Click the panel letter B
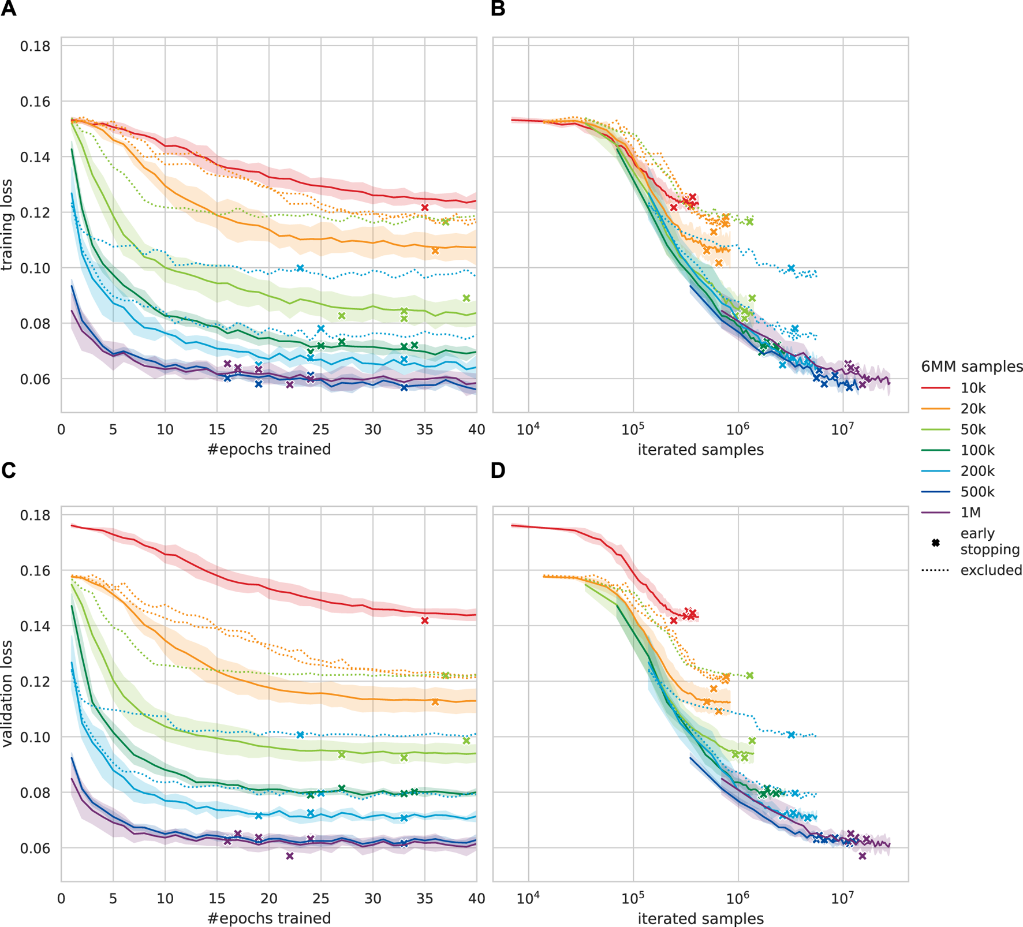click(x=498, y=9)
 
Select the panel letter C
click(x=9, y=471)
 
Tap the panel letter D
click(x=498, y=471)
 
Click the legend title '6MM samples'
click(x=972, y=367)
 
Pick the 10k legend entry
click(x=973, y=388)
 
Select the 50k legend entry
click(x=973, y=429)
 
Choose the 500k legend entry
click(x=977, y=492)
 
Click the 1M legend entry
click(x=970, y=513)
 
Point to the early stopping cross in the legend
click(x=936, y=543)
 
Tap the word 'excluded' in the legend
click(x=991, y=570)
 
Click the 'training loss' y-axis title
click(x=7, y=225)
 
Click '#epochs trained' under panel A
click(x=269, y=449)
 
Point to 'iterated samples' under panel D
click(x=700, y=918)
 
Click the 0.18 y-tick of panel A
click(x=35, y=46)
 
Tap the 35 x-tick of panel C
click(x=425, y=899)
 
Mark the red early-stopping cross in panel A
click(x=425, y=208)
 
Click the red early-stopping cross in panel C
click(x=425, y=621)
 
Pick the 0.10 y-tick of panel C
click(x=35, y=737)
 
